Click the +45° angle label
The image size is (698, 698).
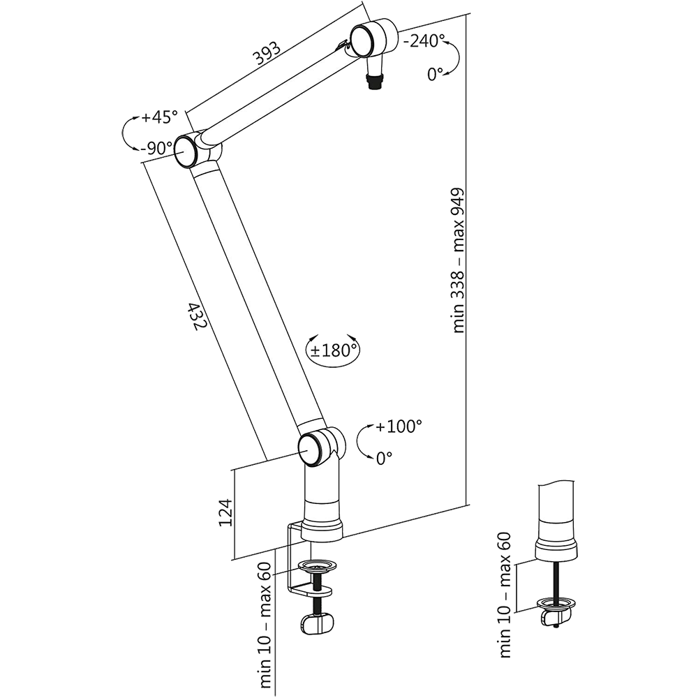point(159,117)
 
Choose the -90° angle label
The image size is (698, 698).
point(156,148)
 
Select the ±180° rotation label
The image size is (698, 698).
point(334,350)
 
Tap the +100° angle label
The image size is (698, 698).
point(399,426)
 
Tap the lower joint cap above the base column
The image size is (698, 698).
point(311,447)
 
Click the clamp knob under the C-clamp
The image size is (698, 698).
point(318,623)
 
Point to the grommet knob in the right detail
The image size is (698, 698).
point(556,617)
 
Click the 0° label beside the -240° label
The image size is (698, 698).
point(436,75)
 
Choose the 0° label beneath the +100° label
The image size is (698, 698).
point(385,458)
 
